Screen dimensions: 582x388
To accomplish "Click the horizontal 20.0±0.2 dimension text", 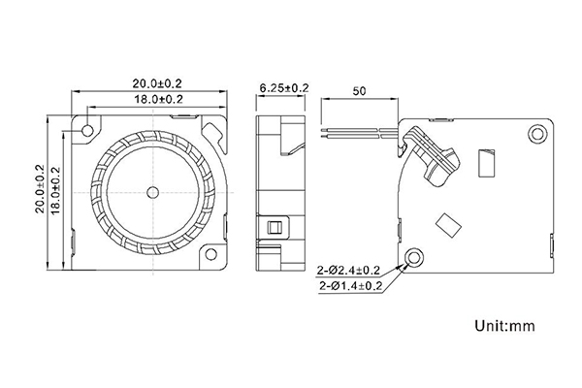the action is click(157, 83).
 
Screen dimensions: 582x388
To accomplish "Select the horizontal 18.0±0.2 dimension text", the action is click(158, 99).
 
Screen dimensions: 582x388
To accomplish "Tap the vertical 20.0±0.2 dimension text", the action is click(40, 188).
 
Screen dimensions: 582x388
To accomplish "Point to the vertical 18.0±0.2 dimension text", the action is click(55, 190).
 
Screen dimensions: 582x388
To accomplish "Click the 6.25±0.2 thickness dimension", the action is click(284, 88).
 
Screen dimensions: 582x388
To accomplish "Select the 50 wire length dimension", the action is click(359, 91).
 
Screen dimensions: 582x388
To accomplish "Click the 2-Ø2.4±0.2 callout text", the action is click(348, 271).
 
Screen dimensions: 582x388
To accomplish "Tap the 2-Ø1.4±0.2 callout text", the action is click(350, 285).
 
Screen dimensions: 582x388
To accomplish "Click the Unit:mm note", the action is click(504, 326).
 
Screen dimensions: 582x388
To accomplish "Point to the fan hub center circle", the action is click(152, 192).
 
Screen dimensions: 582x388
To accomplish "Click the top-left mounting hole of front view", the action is click(88, 130).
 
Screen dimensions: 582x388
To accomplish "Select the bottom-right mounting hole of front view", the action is click(210, 254).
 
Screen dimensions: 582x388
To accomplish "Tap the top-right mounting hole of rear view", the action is click(537, 134).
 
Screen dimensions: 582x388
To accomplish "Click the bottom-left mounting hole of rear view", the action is click(414, 257).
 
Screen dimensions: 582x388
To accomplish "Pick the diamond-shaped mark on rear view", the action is click(448, 225).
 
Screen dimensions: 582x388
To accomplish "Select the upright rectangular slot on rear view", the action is click(487, 162).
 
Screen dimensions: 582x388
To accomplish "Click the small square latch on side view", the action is click(274, 227).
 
